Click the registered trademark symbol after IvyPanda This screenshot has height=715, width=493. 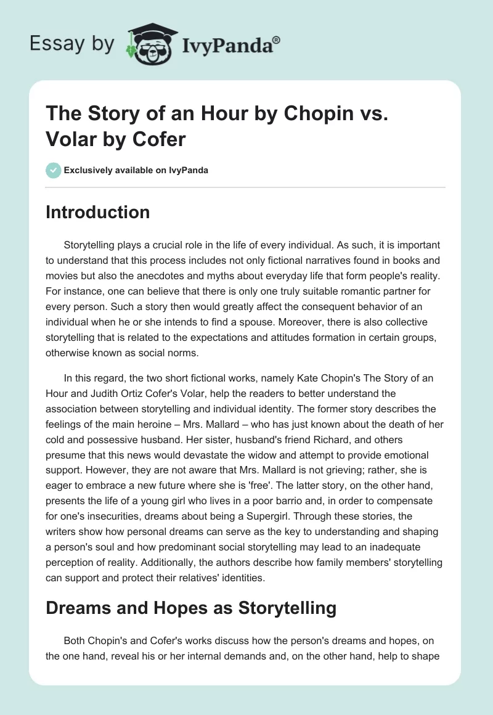pos(277,39)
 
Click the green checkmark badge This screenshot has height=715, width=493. pos(54,170)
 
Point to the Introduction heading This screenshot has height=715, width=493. pos(97,212)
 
